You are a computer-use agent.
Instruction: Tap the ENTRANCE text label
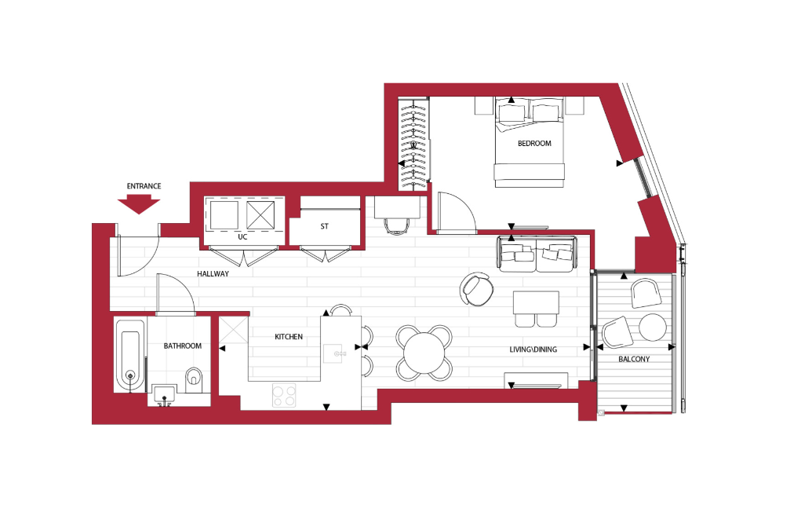(x=144, y=186)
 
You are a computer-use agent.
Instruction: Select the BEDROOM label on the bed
(x=534, y=144)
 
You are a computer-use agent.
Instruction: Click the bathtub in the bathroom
(x=131, y=356)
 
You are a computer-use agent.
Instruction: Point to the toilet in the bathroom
(x=194, y=379)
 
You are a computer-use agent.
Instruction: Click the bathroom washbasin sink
(x=164, y=395)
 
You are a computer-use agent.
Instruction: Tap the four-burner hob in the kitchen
(x=284, y=395)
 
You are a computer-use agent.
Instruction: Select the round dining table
(x=424, y=353)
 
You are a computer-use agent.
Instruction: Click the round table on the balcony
(x=653, y=327)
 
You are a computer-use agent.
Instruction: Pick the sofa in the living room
(x=537, y=254)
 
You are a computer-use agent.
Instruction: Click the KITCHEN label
(x=289, y=337)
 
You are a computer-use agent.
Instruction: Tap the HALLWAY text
(x=213, y=273)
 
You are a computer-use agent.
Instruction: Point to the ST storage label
(x=325, y=226)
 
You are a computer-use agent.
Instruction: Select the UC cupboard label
(x=242, y=236)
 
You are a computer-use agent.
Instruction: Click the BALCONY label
(x=634, y=359)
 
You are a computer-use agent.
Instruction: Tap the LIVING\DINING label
(x=534, y=349)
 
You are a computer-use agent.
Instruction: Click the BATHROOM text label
(x=182, y=346)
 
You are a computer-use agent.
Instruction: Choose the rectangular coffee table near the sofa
(x=536, y=302)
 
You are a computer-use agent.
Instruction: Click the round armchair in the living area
(x=477, y=289)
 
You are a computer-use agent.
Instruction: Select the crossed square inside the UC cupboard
(x=260, y=215)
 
